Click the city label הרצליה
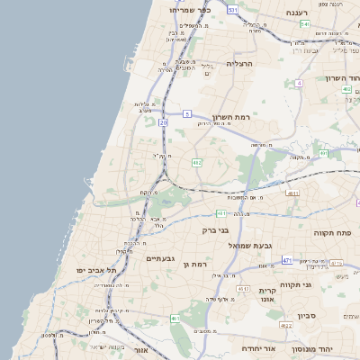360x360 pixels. point(242,64)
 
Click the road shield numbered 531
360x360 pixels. point(232,9)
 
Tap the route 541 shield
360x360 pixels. point(304,23)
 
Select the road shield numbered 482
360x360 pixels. point(197,162)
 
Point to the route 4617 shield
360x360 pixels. point(242,288)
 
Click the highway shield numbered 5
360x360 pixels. point(186,113)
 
